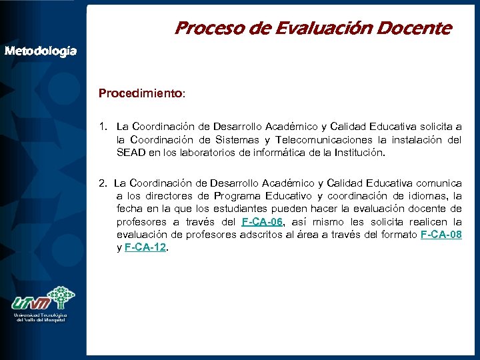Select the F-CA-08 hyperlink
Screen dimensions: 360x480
point(441,235)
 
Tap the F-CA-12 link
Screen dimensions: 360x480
point(145,247)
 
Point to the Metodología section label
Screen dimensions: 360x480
point(41,51)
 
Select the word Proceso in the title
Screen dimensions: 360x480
point(200,29)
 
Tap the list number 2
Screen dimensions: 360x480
point(101,183)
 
